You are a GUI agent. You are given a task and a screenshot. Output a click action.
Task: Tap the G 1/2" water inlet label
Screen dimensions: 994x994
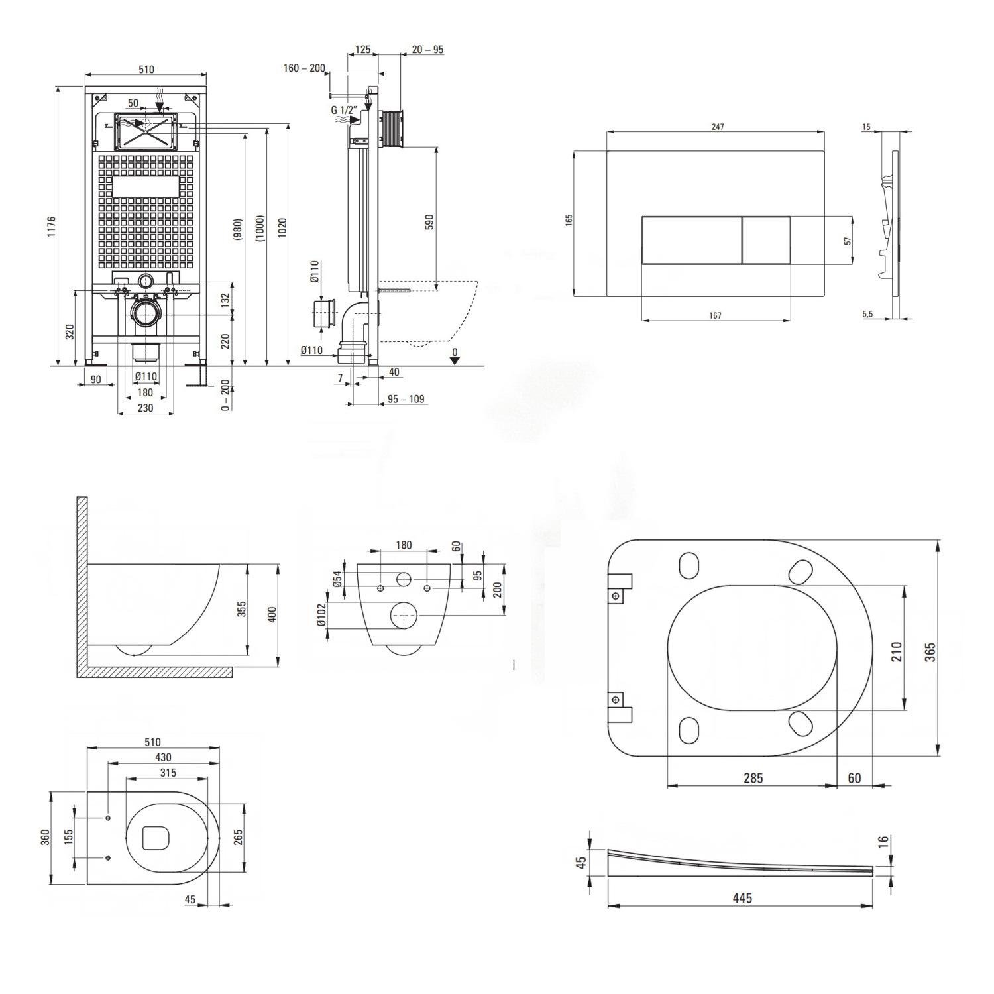pyautogui.click(x=344, y=110)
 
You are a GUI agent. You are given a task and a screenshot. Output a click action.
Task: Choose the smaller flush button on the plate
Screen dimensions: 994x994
pyautogui.click(x=765, y=240)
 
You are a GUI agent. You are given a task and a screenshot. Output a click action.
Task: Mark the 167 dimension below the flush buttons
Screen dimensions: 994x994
pyautogui.click(x=715, y=315)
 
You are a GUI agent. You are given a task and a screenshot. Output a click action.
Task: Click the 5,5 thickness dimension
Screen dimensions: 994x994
pyautogui.click(x=867, y=314)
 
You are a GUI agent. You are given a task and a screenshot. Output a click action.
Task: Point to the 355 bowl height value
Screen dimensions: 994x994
pyautogui.click(x=242, y=608)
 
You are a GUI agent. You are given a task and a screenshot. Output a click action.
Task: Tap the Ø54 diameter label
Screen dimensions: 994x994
pyautogui.click(x=337, y=578)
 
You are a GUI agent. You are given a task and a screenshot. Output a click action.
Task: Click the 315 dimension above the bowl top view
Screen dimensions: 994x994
pyautogui.click(x=168, y=773)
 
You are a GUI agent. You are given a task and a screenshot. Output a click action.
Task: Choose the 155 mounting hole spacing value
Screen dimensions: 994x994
pyautogui.click(x=68, y=837)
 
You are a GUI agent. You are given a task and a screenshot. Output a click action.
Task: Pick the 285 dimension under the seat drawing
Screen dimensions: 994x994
pyautogui.click(x=753, y=778)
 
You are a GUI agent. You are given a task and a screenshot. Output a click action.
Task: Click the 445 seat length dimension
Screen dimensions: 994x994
pyautogui.click(x=742, y=898)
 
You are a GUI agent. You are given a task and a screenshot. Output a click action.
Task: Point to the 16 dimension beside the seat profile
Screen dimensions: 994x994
pyautogui.click(x=882, y=842)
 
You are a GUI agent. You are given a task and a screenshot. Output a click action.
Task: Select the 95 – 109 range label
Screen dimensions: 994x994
pyautogui.click(x=406, y=399)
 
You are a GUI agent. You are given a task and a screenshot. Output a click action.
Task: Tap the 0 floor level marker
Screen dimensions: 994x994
pyautogui.click(x=455, y=352)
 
